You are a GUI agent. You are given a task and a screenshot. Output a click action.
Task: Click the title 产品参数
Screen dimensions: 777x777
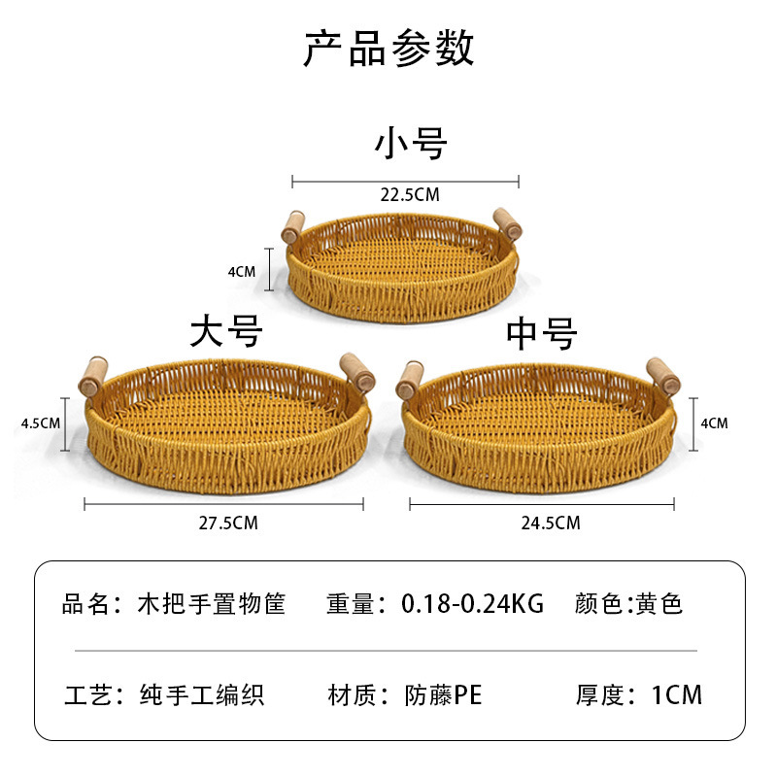(388, 49)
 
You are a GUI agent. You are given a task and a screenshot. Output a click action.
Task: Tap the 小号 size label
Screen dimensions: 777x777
(411, 144)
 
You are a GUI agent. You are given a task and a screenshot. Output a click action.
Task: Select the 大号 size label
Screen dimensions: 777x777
(226, 332)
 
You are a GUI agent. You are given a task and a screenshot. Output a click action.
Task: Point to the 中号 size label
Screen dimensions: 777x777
(541, 333)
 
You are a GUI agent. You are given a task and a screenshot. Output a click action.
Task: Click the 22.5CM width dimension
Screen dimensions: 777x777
(409, 195)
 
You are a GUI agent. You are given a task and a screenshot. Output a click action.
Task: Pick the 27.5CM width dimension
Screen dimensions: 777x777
(228, 524)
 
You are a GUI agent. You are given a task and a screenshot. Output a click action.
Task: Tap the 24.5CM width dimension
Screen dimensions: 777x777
(550, 524)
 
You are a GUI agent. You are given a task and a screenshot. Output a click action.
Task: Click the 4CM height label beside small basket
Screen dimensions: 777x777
(241, 272)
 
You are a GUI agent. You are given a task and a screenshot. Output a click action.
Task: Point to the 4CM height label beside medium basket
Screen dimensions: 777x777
(714, 423)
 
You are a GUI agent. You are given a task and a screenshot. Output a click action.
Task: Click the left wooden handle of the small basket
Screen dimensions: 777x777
(292, 226)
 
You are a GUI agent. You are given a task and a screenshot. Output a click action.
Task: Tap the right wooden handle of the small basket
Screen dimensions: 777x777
(507, 222)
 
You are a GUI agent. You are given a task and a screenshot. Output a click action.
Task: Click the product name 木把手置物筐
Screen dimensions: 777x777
(212, 604)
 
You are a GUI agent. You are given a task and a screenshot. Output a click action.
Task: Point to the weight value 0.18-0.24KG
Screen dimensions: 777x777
(472, 604)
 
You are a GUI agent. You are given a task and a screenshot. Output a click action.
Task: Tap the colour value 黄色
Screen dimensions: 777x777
(659, 604)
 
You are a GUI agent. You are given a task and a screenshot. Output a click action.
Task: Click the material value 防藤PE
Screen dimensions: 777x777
(443, 695)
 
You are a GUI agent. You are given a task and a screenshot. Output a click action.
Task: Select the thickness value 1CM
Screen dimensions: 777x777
(677, 695)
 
